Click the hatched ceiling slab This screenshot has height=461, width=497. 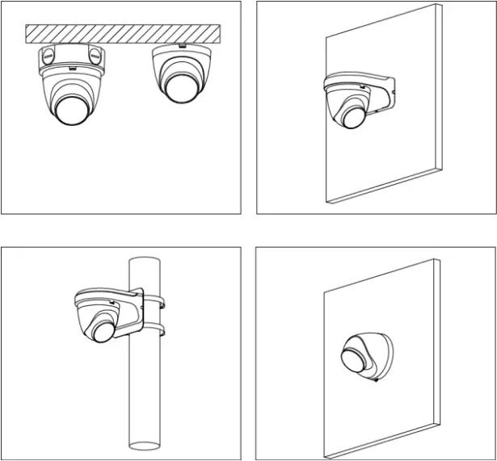coord(121,34)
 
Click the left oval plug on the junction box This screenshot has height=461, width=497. coord(47,57)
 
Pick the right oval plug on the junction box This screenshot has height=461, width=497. coord(97,57)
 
